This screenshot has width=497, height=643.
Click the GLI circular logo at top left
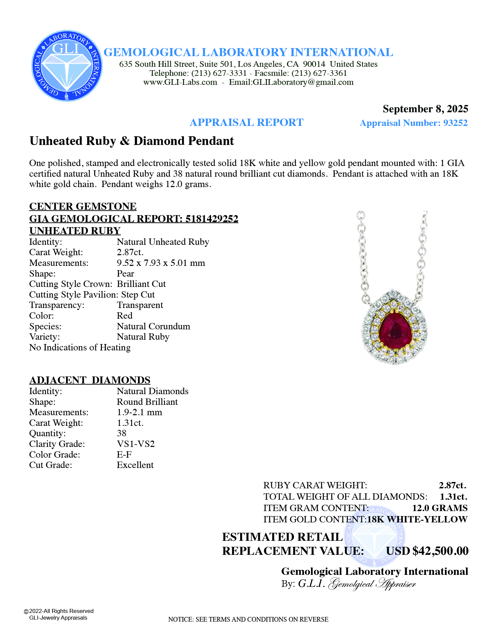[x=67, y=66]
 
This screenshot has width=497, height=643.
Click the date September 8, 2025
[x=425, y=109]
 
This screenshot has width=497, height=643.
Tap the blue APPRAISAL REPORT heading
[x=246, y=123]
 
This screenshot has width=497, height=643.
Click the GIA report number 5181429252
[x=212, y=219]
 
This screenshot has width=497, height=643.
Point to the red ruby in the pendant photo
[x=395, y=329]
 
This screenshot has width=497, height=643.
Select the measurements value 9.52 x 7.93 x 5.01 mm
[x=161, y=263]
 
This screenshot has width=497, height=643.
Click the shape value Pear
[x=125, y=274]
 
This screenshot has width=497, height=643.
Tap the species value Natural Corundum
[x=153, y=326]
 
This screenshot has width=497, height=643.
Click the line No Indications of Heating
[x=80, y=347]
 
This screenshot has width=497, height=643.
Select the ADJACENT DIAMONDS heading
[x=90, y=380]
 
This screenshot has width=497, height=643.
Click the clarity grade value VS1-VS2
[x=136, y=444]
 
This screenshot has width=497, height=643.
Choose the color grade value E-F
[x=124, y=455]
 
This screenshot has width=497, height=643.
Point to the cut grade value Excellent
[x=135, y=465]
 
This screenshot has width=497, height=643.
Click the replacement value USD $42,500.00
[x=427, y=551]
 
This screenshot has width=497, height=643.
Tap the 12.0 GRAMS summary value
[x=440, y=508]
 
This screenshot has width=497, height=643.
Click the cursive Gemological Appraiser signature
[x=372, y=584]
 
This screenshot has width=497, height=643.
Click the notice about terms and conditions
[x=248, y=619]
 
